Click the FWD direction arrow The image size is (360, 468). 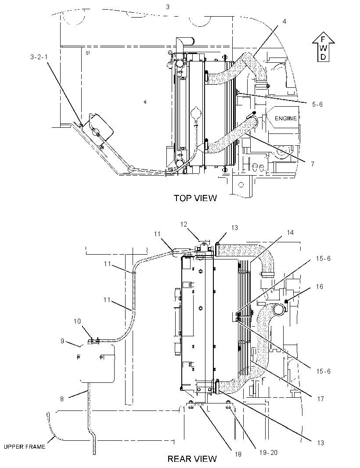point(323,48)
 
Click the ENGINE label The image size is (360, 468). point(286,119)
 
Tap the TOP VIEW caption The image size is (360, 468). point(195,198)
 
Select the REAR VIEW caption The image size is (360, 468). point(192,458)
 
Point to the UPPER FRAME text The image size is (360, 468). point(25,447)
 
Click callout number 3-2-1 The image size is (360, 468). point(39,57)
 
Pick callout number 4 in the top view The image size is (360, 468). point(284,22)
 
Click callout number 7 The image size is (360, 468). point(313,164)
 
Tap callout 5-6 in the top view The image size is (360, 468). point(317,104)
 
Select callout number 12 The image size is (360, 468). point(184,224)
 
